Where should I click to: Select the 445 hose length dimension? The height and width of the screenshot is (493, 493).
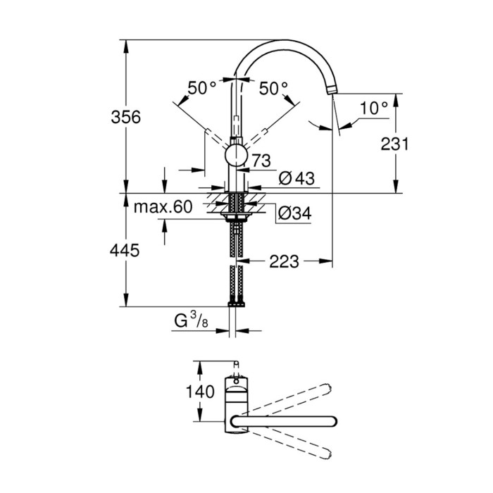pyautogui.click(x=124, y=250)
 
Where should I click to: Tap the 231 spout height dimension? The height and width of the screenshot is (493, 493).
pyautogui.click(x=394, y=144)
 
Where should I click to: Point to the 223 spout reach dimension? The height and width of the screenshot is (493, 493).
pyautogui.click(x=284, y=262)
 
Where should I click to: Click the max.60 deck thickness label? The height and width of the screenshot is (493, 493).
pyautogui.click(x=163, y=206)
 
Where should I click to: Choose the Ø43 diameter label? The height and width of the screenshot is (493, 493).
pyautogui.click(x=296, y=179)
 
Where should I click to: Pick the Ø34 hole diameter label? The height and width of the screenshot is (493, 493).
pyautogui.click(x=294, y=212)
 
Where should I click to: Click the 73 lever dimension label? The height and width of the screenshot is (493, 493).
pyautogui.click(x=260, y=161)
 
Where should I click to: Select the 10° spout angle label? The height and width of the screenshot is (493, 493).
pyautogui.click(x=373, y=108)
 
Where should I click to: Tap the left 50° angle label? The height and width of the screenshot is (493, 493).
pyautogui.click(x=202, y=89)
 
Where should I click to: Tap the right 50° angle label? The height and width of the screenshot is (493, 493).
pyautogui.click(x=273, y=89)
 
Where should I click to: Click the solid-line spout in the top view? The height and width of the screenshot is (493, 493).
pyautogui.click(x=289, y=421)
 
